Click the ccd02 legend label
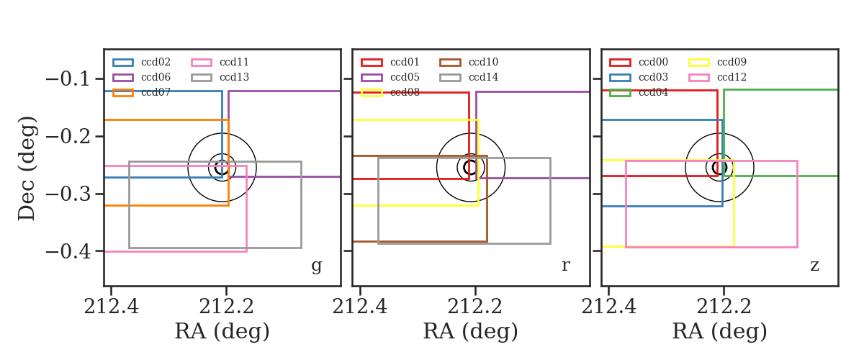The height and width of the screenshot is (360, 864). coord(156,62)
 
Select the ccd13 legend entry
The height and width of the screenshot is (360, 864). coord(234,77)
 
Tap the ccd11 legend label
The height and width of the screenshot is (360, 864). coord(234,62)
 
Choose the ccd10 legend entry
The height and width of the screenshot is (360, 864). coord(483,62)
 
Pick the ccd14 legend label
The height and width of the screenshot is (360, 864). coord(483,77)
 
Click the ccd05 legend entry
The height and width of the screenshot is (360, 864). coord(405,77)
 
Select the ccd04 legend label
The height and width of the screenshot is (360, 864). coord(653,92)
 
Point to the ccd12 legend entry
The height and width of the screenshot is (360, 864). coord(732,77)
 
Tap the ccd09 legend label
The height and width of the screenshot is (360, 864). coord(732,62)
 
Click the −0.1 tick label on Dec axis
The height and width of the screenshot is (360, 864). coord(68,79)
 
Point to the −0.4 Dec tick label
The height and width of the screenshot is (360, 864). coord(68,251)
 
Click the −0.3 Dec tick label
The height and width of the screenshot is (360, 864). coord(68,194)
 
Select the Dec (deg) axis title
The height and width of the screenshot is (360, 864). coord(27,168)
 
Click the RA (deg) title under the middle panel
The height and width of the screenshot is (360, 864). coord(471,331)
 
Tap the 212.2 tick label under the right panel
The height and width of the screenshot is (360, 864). coord(724,307)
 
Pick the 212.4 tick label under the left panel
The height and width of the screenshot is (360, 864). coord(111,307)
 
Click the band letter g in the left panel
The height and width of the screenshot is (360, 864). coord(316,266)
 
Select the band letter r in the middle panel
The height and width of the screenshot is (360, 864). coord(565,266)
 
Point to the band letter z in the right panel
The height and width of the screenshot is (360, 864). coord(814,266)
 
